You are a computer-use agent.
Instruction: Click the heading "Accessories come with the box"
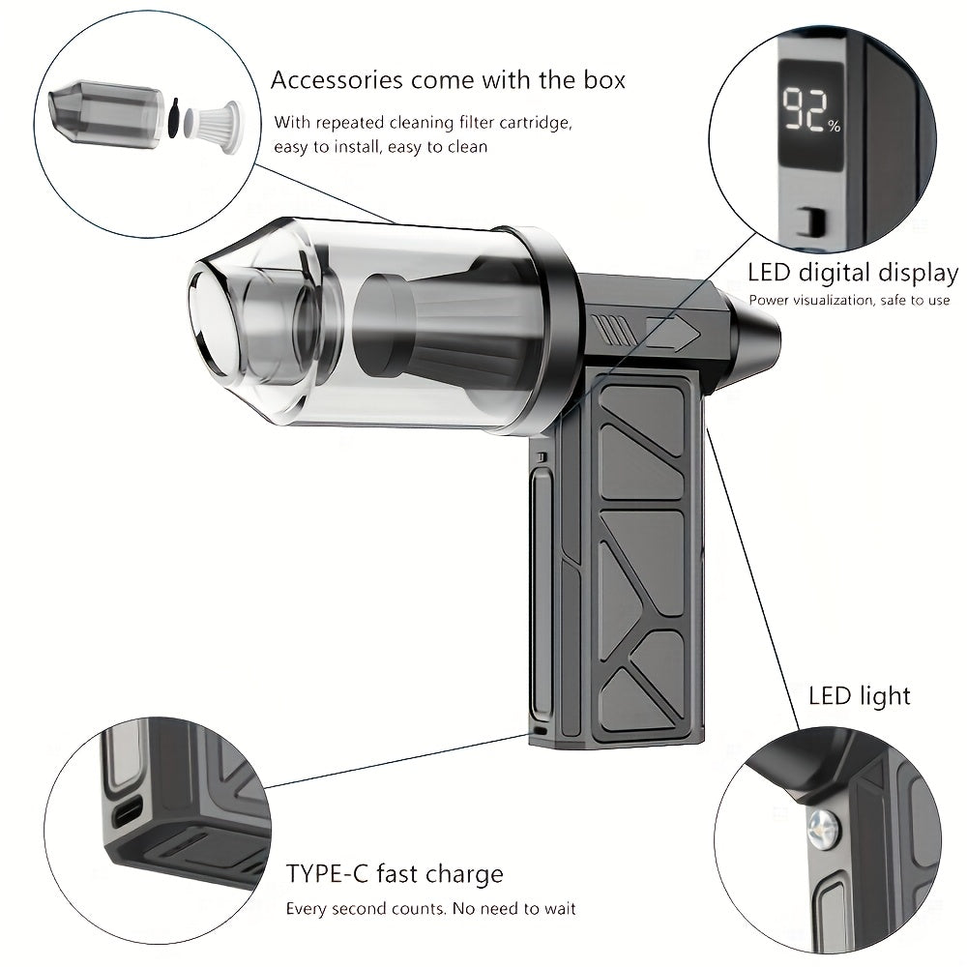click(x=448, y=79)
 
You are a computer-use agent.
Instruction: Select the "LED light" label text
click(x=859, y=695)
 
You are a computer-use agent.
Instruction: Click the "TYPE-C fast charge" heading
click(x=395, y=874)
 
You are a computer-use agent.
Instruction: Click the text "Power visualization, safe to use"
click(x=849, y=301)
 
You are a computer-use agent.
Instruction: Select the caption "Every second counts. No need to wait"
click(x=430, y=909)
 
